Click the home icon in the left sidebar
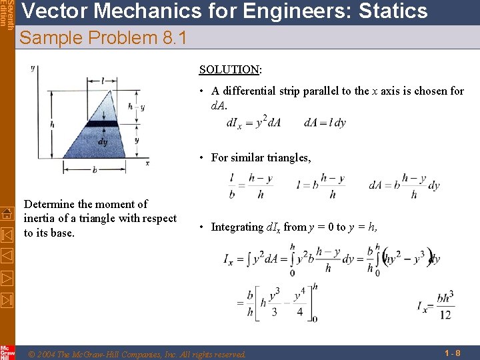pyautogui.click(x=7, y=214)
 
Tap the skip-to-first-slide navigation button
pyautogui.click(x=7, y=235)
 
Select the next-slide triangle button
pyautogui.click(x=7, y=277)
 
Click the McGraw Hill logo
pyautogui.click(x=7, y=351)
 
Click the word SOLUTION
pyautogui.click(x=229, y=69)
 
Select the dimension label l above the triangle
pyautogui.click(x=102, y=81)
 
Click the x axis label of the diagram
pyautogui.click(x=147, y=162)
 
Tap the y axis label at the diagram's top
pyautogui.click(x=33, y=69)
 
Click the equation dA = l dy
pyautogui.click(x=325, y=123)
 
